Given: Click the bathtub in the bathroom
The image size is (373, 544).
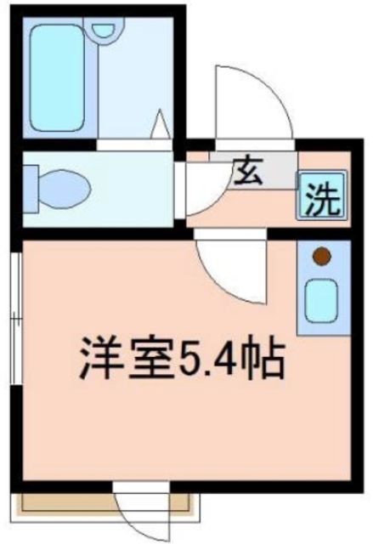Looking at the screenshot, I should click(x=58, y=76).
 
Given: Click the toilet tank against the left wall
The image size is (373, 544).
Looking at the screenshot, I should click(x=30, y=185).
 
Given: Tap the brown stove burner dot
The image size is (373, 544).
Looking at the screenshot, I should click(x=321, y=254).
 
